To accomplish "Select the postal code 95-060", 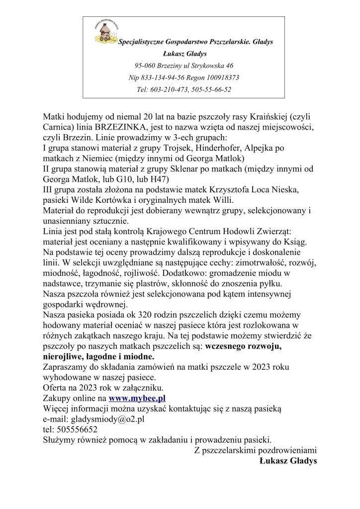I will pyautogui.click(x=145, y=66).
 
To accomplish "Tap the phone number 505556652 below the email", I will pyautogui.click(x=77, y=429).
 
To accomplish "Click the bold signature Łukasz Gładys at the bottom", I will pyautogui.click(x=288, y=461).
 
